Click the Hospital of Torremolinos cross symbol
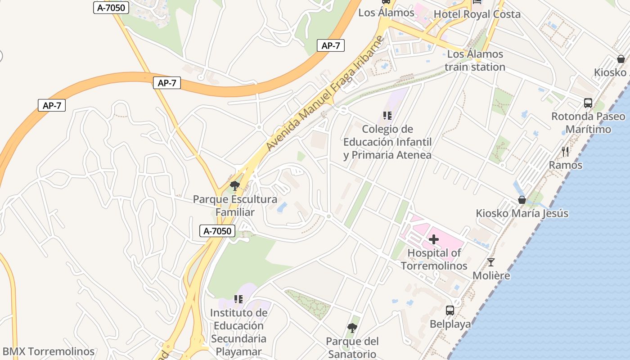point(434,239)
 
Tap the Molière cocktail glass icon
point(491,262)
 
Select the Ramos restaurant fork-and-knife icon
point(566,152)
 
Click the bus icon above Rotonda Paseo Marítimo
point(588,103)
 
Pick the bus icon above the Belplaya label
point(450,310)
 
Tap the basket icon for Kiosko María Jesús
point(522,200)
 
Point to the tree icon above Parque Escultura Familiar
point(234,185)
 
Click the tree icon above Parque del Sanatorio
point(352,328)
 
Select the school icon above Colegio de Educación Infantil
point(387,116)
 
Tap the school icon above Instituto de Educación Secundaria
point(238,299)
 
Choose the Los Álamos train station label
point(475,61)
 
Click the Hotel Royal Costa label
point(477,14)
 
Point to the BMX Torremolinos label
point(49,351)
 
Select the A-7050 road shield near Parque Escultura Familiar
point(217,231)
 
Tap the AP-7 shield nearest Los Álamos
point(331,45)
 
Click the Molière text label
point(491,275)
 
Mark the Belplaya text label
point(450,324)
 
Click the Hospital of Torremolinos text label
point(434,259)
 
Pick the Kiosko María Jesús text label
point(522,213)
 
